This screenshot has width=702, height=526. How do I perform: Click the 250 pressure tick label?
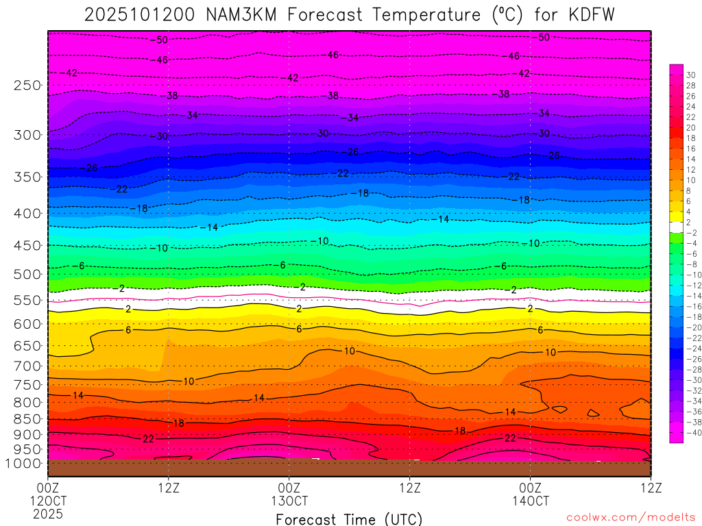pos(27,85)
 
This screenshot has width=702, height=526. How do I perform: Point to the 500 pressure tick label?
pos(27,274)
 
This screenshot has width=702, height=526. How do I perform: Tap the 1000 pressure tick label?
pos(24,463)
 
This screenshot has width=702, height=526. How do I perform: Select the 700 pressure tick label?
pos(27,365)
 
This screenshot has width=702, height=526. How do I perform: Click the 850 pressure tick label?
pos(27,418)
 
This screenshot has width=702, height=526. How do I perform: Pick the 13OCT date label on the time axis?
pos(289,501)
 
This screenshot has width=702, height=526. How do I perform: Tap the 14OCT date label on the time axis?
pos(530,501)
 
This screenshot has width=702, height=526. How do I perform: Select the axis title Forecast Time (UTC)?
pos(349,518)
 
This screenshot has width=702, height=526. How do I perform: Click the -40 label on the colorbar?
pos(690,432)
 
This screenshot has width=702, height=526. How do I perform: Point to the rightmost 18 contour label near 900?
pos(459,431)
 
